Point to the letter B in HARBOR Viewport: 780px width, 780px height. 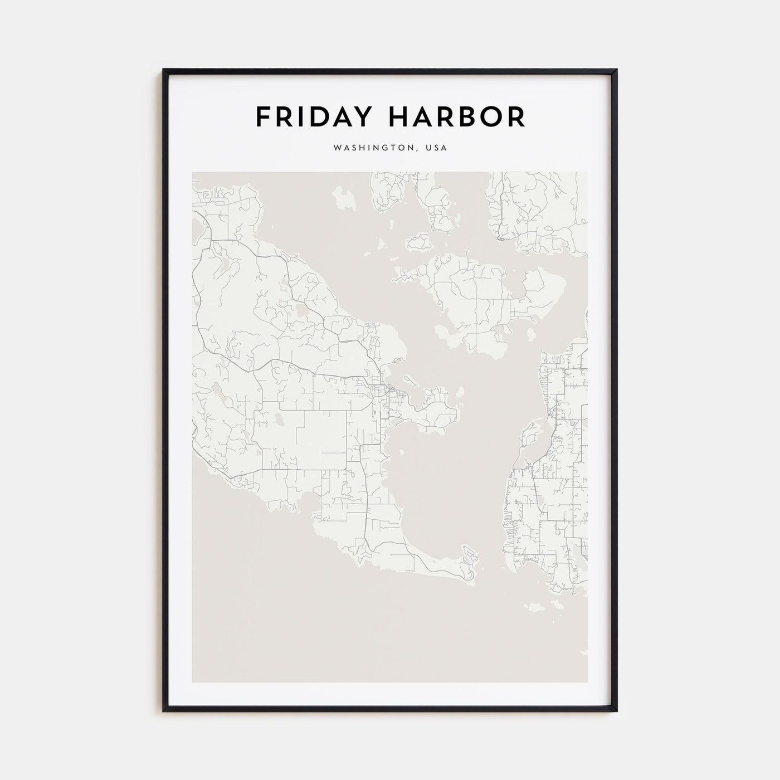[x=465, y=117]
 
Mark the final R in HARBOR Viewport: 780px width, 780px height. [x=515, y=117]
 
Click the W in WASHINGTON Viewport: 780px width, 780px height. [x=337, y=148]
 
